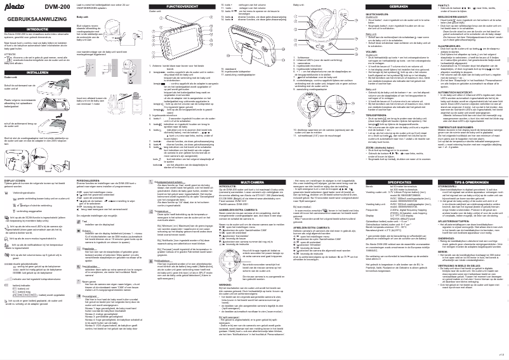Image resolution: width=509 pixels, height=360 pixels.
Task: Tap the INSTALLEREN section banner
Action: pyautogui.click(x=35, y=72)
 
